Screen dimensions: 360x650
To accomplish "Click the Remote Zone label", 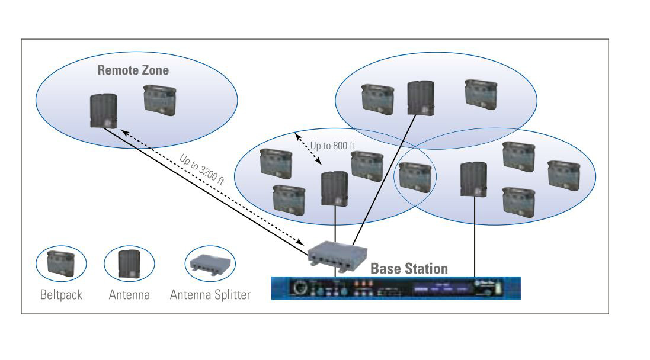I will (x=133, y=70).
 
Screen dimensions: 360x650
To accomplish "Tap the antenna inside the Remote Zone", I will (x=103, y=111).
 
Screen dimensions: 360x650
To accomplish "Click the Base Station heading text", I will (x=409, y=268).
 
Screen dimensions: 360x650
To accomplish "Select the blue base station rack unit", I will (x=396, y=288).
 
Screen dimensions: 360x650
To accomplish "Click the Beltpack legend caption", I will (x=61, y=294).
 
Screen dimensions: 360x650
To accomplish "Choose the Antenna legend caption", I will (x=129, y=294).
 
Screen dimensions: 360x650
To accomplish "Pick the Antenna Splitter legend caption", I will (x=210, y=294).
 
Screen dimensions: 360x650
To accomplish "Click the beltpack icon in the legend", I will (x=61, y=263).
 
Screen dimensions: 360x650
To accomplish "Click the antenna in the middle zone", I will (x=334, y=188).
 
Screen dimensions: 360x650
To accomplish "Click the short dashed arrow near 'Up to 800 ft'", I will (x=308, y=150).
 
